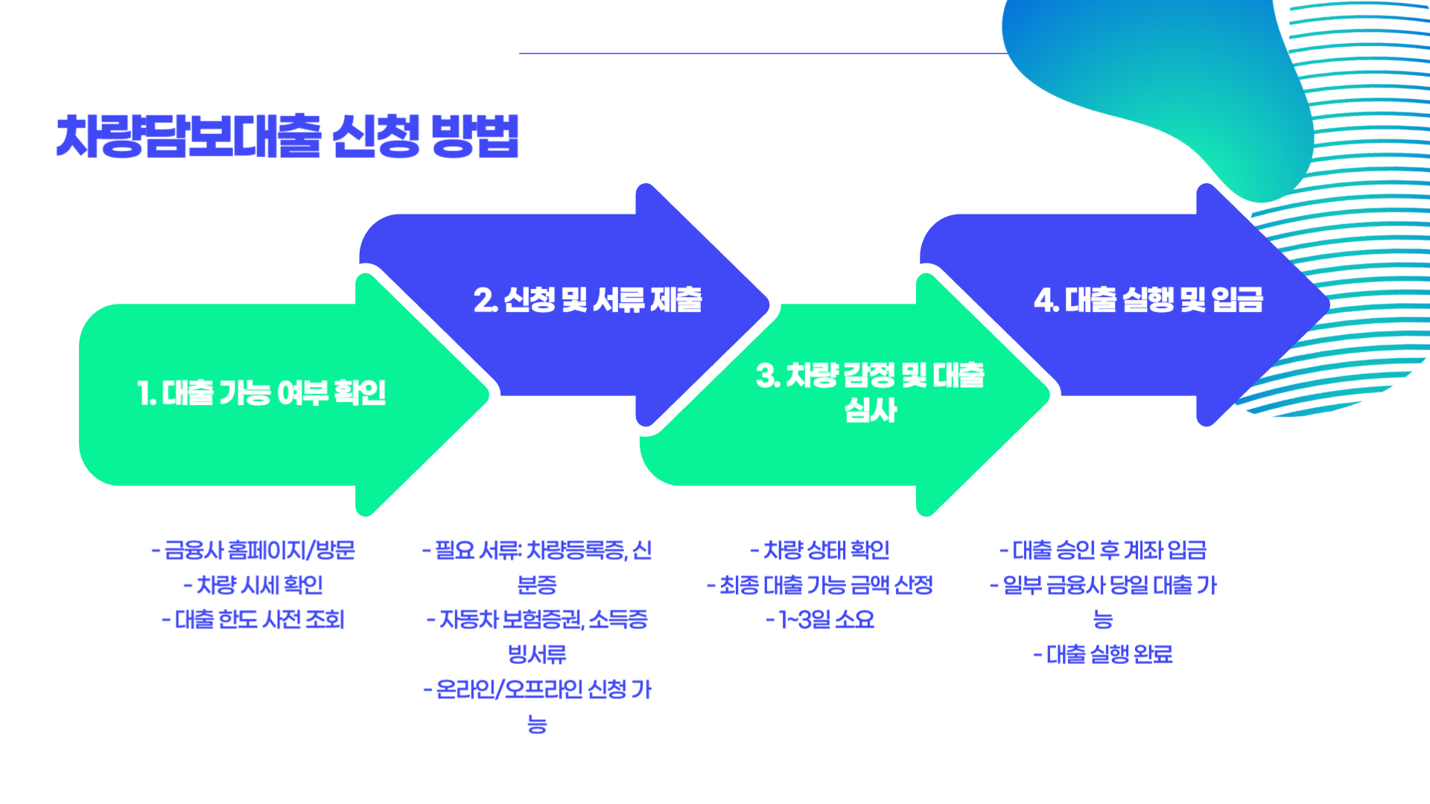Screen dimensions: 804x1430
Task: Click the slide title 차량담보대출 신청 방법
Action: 287,136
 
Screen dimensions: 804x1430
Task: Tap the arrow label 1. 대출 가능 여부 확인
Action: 261,392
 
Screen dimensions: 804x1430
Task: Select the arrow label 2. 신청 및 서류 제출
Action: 588,300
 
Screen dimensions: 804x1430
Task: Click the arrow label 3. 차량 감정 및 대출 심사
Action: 870,392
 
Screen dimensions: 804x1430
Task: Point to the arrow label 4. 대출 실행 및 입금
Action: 1148,300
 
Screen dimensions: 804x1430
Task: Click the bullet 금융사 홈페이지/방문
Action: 253,550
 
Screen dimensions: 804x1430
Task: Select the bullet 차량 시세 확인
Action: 253,585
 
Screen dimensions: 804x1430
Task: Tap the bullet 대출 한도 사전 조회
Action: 253,620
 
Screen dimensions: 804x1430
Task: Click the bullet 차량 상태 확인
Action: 820,550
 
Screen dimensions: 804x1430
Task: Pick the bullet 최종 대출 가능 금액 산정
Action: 820,585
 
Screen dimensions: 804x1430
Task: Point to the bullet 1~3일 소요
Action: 820,620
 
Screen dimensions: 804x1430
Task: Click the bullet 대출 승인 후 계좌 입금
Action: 1103,550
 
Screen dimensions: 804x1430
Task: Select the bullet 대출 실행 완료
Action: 1103,655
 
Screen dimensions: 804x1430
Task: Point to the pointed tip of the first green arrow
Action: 486,395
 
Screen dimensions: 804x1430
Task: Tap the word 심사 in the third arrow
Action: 870,411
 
